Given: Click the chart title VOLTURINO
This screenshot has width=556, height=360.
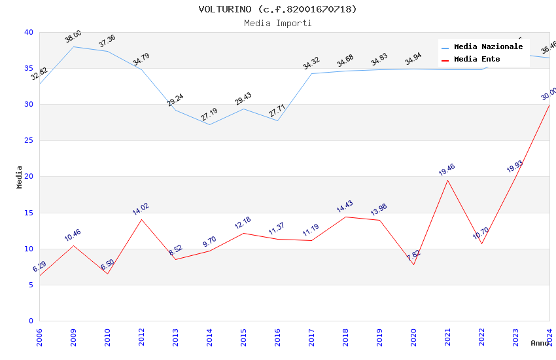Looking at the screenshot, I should (x=278, y=9).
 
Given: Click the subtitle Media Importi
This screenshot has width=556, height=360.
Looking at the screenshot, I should (x=278, y=23).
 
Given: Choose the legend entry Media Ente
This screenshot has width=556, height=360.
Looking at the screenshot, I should (x=477, y=60).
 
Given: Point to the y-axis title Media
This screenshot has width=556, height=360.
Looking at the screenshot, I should (x=20, y=177).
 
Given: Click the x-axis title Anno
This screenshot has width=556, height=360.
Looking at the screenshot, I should (x=540, y=343).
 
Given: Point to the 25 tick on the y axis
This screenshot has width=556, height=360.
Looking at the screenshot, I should (x=28, y=141).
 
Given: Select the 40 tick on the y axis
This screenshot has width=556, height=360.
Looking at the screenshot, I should (x=28, y=33).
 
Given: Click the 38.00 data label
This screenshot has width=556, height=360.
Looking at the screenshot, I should (x=73, y=37).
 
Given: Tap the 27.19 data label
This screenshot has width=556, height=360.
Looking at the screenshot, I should (x=209, y=115).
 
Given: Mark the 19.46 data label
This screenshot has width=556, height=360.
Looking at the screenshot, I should (x=447, y=170).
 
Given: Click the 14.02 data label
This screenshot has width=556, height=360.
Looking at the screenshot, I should (x=141, y=209).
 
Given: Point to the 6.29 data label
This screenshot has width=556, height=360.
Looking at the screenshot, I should (x=39, y=266).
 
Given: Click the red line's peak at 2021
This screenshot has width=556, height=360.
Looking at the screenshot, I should (x=447, y=180).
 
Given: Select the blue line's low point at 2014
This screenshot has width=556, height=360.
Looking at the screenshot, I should (x=209, y=124).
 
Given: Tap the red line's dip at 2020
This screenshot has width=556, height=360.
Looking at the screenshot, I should (x=413, y=264).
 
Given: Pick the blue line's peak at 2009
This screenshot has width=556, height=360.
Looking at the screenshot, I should (x=73, y=46).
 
